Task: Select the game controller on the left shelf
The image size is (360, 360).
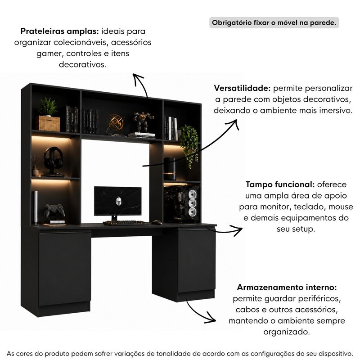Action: (x=54, y=211)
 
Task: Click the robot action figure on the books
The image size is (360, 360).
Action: (x=144, y=121)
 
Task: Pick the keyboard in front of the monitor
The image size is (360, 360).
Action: (x=126, y=223)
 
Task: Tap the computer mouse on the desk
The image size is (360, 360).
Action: (x=157, y=222)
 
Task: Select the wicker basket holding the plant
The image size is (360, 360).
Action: (x=48, y=123)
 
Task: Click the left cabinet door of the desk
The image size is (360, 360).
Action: (x=64, y=268)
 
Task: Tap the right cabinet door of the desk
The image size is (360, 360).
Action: (x=197, y=261)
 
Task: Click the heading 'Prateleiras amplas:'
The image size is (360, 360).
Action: (x=59, y=31)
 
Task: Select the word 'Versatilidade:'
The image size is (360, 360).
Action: (x=243, y=88)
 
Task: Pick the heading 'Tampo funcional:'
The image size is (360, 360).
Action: (x=280, y=184)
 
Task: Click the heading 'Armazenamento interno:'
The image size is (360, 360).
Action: (x=287, y=287)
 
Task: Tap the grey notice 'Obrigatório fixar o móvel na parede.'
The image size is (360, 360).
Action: (x=274, y=22)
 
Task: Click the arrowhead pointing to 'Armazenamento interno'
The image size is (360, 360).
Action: (x=211, y=318)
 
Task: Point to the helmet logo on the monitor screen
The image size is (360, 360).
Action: (x=118, y=201)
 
